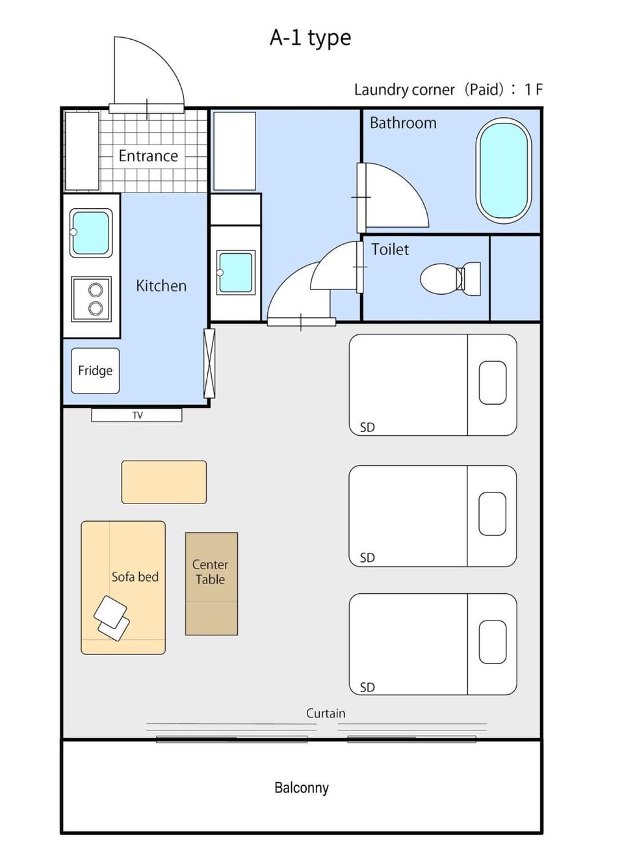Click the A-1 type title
pos(310,38)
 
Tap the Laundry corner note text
pos(448,90)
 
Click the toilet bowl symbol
pos(450,279)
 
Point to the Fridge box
pos(96,370)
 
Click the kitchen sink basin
pos(91,233)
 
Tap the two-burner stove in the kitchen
pos(92,299)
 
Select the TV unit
pos(136,415)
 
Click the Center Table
pos(211,583)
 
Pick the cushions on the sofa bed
pos(112,618)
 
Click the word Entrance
pos(148,156)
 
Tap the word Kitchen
pos(161,286)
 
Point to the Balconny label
pos(302,788)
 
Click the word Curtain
pos(326,713)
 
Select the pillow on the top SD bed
pos(493,382)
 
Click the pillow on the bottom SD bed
pos(493,642)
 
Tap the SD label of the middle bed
pos(367,557)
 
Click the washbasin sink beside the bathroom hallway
pos(235,273)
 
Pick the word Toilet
pos(390,249)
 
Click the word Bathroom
pos(403,123)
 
